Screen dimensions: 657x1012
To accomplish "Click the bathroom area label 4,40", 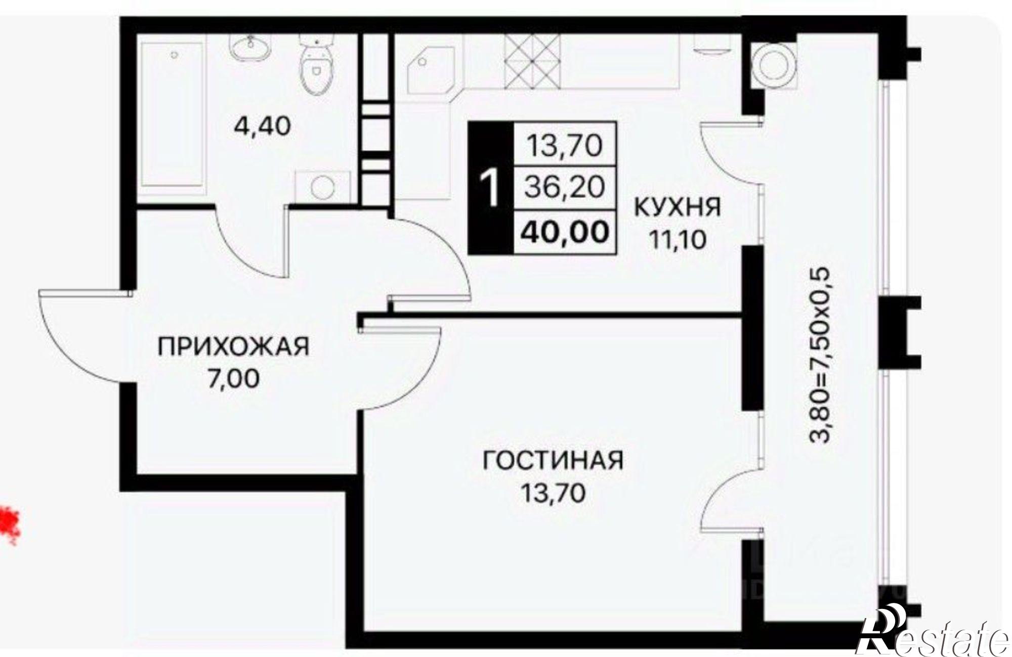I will [262, 126].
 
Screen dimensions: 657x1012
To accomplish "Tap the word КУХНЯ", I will [677, 207].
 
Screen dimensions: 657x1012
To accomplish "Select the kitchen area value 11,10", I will [677, 240].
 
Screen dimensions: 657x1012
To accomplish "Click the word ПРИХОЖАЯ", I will [233, 347].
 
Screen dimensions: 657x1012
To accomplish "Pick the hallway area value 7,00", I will [233, 379].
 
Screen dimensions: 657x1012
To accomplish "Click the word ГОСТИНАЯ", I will [553, 461].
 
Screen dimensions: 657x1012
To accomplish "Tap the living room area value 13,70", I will [553, 493].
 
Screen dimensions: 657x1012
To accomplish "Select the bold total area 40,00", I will [565, 232].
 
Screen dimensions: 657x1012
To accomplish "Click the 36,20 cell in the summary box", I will [565, 188].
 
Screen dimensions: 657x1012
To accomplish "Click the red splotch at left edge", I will [9, 527].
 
